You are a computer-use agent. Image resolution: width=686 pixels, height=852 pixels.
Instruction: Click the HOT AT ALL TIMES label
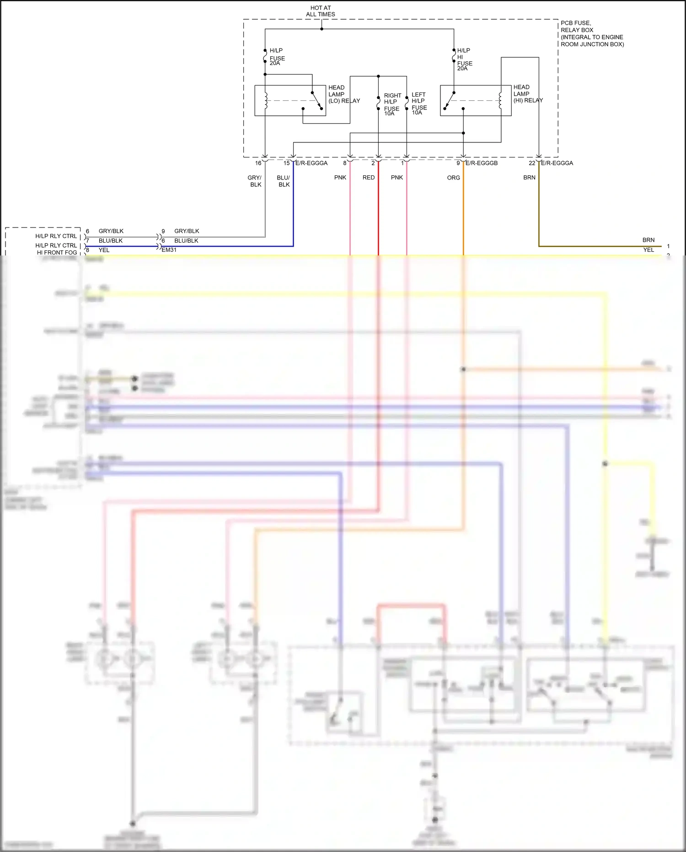pos(320,11)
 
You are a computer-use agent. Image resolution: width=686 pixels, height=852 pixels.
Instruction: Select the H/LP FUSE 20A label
pos(277,57)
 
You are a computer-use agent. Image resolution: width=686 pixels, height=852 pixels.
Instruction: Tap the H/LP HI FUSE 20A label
pos(464,60)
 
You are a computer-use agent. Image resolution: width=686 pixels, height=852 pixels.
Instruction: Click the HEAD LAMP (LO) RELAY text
pos(343,94)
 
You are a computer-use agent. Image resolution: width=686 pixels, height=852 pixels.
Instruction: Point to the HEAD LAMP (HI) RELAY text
pos(527,93)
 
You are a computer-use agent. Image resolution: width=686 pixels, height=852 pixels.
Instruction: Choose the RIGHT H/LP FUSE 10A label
pos(392,104)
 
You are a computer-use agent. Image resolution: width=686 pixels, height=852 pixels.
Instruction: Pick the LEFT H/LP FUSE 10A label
pos(419,103)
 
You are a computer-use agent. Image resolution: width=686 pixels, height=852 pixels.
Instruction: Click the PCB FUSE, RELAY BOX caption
pos(591,33)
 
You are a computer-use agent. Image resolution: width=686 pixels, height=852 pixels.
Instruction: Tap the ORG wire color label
pos(453,178)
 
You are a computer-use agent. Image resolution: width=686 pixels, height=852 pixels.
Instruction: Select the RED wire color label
pos(368,178)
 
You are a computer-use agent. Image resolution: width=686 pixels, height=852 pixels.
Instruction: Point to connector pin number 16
pos(258,163)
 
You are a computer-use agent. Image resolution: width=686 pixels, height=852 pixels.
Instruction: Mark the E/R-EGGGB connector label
pos(481,163)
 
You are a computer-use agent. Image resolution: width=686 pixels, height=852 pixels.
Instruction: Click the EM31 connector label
pos(169,250)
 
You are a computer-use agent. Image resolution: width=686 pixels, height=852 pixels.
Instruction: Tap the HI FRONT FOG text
pos(57,252)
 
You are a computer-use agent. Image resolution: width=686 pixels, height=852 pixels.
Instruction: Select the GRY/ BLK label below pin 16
pos(255,181)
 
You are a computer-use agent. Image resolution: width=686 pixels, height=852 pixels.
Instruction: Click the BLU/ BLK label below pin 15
pos(284,181)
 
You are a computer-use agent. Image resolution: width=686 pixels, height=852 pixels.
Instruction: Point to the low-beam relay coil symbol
pos(266,100)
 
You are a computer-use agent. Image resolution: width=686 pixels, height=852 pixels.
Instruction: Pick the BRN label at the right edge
pos(648,240)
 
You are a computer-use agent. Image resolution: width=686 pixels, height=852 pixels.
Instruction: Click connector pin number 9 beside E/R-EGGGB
pos(458,163)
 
